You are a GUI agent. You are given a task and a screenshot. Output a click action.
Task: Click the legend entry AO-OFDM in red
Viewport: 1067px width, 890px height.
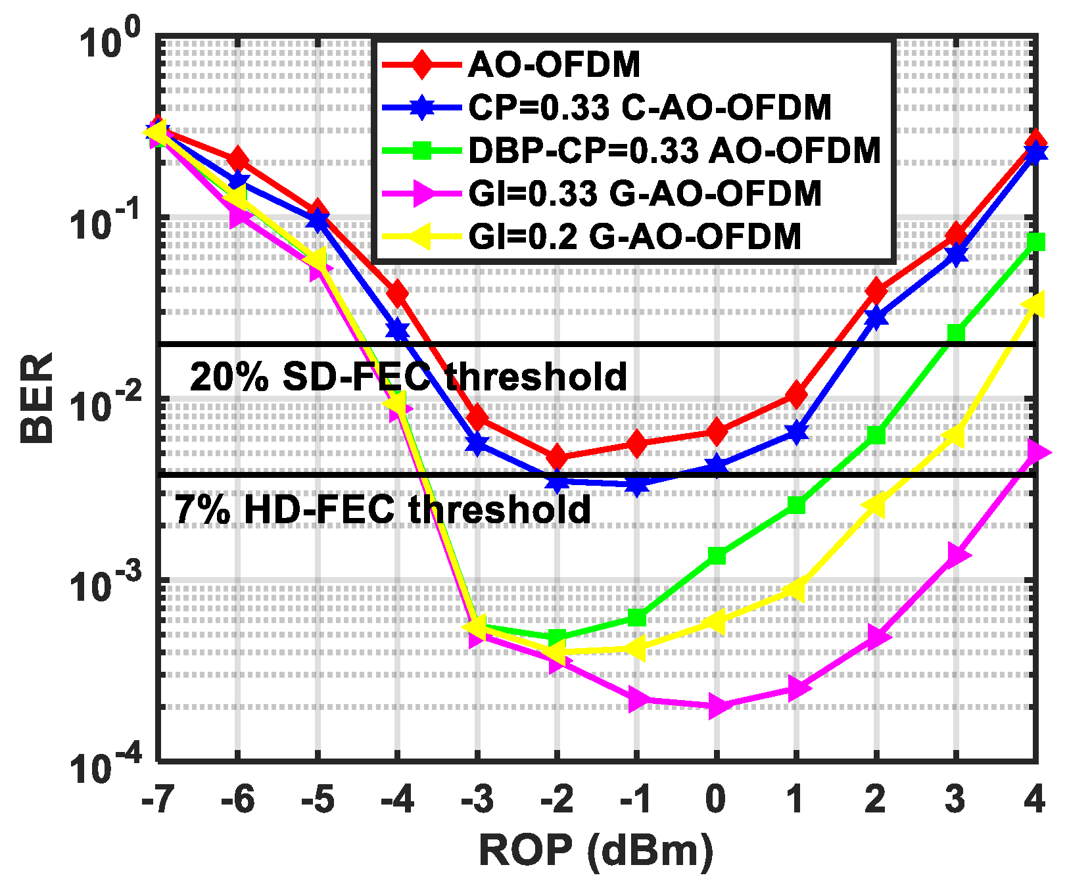(x=554, y=65)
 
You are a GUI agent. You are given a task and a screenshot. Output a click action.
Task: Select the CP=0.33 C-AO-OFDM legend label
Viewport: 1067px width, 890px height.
(x=650, y=108)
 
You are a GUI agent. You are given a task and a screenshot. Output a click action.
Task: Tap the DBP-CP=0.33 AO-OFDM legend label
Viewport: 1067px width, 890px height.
(x=674, y=151)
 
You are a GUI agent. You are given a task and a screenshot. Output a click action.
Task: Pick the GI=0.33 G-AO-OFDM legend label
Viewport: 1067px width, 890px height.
(x=645, y=193)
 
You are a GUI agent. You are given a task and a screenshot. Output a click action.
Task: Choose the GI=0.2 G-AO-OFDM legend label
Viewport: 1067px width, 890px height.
(x=634, y=237)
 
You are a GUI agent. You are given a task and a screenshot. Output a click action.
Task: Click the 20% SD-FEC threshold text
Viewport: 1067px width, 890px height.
(x=408, y=377)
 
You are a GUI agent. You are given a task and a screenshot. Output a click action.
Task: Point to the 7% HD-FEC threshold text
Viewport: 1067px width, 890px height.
(x=383, y=510)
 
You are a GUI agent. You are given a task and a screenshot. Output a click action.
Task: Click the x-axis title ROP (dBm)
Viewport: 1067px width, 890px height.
(x=596, y=851)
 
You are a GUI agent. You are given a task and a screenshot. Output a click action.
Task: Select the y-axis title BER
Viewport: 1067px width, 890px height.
(x=36, y=398)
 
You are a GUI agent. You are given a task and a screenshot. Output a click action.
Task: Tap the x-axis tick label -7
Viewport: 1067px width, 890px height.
(x=158, y=799)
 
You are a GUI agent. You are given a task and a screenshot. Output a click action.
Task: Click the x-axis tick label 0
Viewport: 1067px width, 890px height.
(x=715, y=799)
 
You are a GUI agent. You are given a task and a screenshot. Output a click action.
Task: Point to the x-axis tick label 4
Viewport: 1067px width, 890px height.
(x=1034, y=799)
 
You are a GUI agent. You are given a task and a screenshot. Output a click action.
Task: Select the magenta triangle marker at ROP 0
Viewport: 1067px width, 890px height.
(x=717, y=707)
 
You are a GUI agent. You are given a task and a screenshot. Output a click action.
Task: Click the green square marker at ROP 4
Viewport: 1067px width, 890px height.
(x=1035, y=242)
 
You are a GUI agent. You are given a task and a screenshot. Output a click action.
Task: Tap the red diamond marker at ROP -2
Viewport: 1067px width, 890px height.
(x=557, y=457)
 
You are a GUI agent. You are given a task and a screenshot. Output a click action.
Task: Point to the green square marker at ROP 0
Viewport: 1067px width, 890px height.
(x=717, y=556)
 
